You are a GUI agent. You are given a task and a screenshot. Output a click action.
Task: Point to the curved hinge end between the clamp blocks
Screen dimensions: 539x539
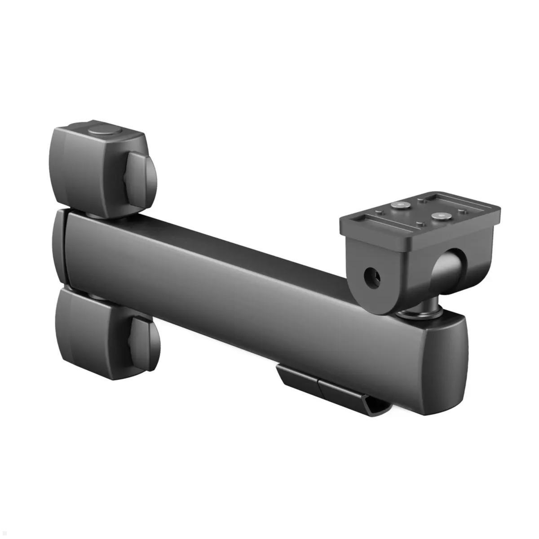pyautogui.click(x=60, y=249)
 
